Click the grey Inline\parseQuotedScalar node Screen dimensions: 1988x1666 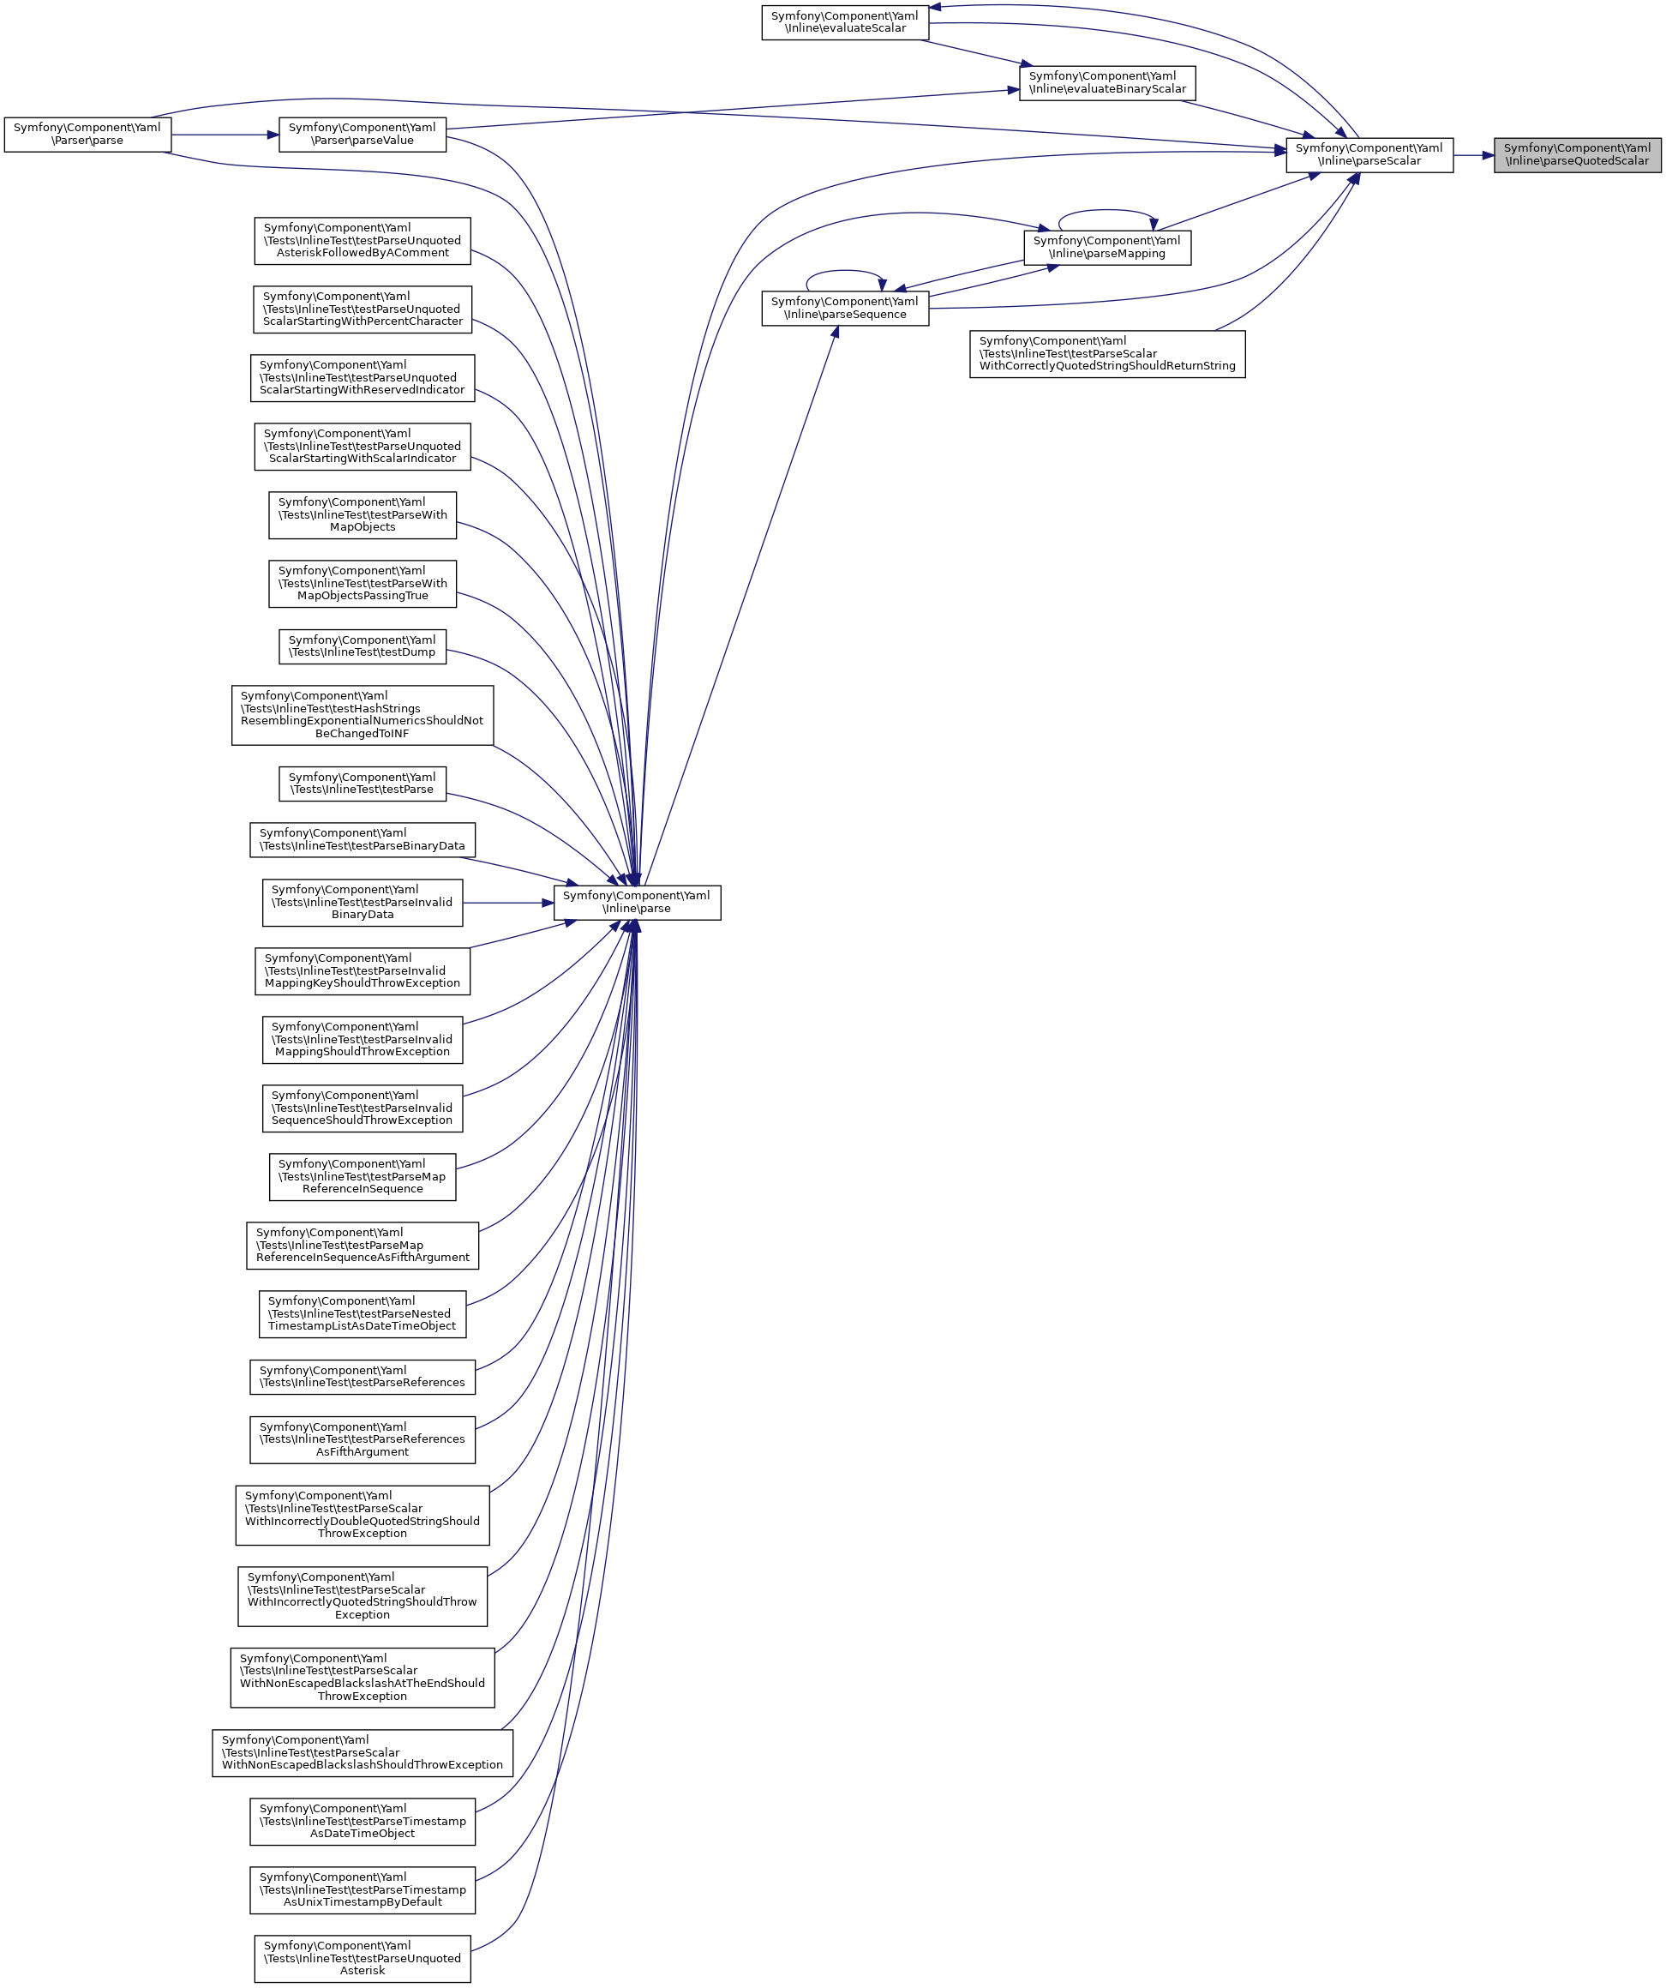(1577, 154)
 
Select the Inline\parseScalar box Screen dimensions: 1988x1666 (1369, 154)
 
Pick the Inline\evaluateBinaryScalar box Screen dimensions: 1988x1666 (1106, 83)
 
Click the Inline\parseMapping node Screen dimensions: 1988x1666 (1106, 247)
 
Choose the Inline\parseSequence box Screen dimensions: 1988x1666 (844, 309)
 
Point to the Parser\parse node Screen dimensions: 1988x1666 (87, 135)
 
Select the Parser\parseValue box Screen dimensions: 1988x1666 (362, 135)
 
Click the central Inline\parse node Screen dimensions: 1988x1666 (636, 902)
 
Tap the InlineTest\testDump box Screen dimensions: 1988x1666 (362, 646)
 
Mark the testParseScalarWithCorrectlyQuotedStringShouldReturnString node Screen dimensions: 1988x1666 (1106, 354)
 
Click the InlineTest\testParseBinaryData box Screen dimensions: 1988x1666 (362, 840)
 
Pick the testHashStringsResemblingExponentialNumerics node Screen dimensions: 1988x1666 (362, 715)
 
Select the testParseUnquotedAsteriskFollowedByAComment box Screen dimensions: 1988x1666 (362, 240)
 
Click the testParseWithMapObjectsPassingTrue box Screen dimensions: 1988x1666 (362, 583)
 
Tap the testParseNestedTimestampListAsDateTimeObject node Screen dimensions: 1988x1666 (362, 1314)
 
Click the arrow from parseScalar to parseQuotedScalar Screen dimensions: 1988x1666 (1473, 154)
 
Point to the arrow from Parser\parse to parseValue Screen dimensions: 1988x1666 (225, 135)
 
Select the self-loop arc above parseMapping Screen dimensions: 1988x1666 (1106, 210)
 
